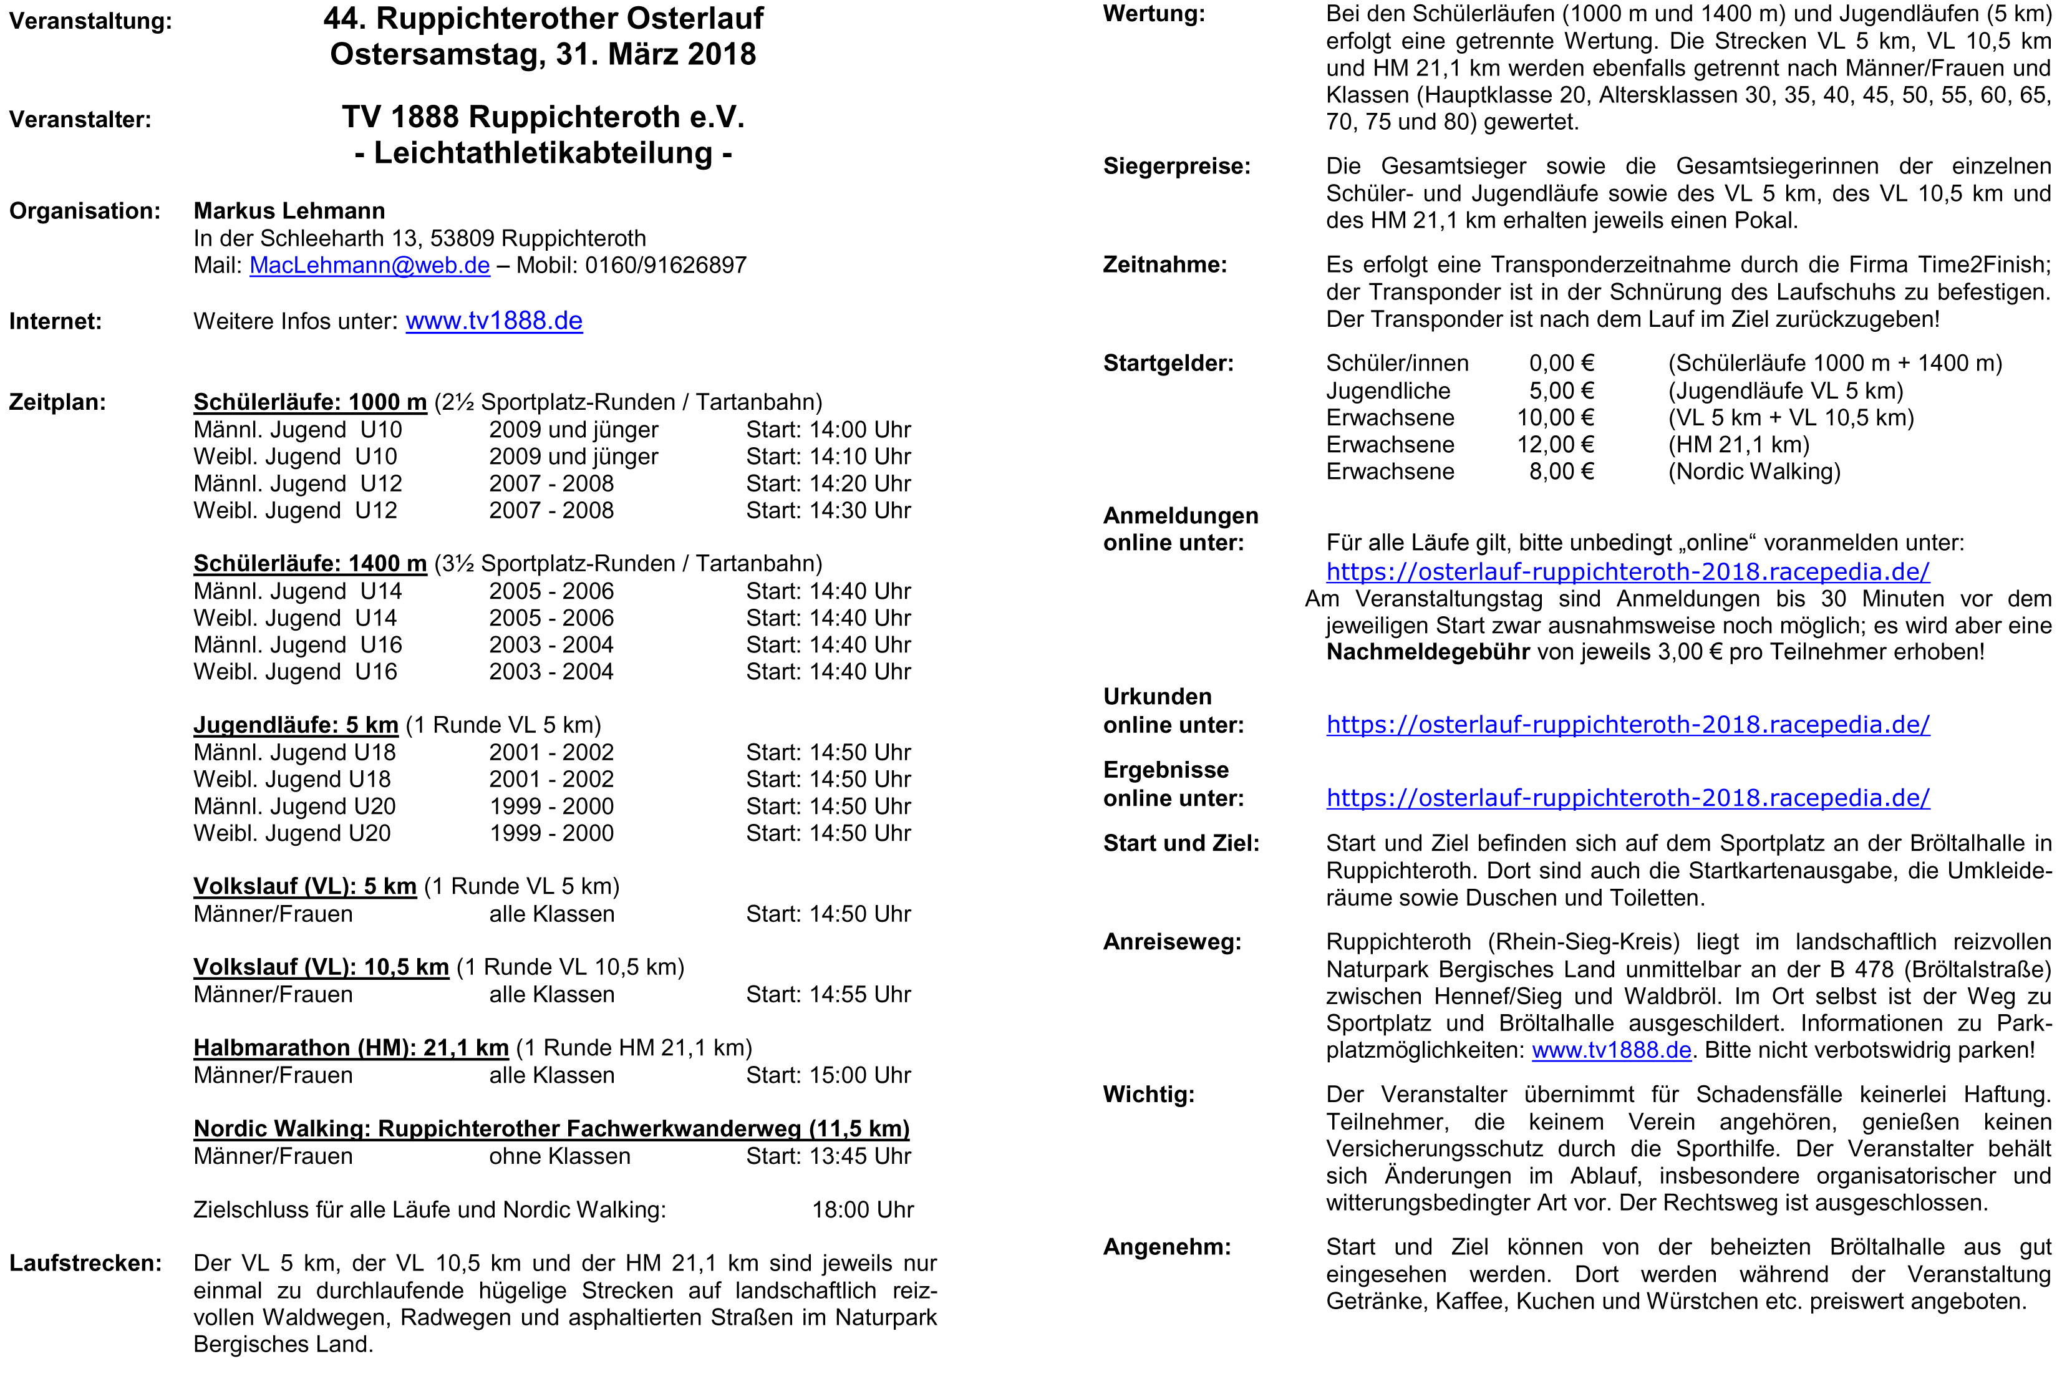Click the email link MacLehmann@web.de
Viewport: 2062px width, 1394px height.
[x=369, y=265]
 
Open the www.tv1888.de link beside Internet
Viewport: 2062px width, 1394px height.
[x=494, y=321]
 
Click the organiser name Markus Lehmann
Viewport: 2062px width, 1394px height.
[x=289, y=211]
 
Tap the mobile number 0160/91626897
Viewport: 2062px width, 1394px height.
[x=666, y=265]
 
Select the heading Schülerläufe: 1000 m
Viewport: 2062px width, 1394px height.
[x=309, y=402]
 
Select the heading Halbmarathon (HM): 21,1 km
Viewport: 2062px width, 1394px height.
[x=351, y=1048]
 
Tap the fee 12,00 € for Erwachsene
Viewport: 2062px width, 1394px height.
[x=1554, y=445]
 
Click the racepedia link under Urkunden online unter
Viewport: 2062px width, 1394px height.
[x=1627, y=725]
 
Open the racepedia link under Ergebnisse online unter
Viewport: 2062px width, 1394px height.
[x=1627, y=798]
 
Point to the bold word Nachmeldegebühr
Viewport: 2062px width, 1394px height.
[x=1426, y=652]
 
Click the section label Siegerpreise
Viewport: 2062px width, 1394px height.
[x=1176, y=167]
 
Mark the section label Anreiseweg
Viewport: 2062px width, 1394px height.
[x=1171, y=942]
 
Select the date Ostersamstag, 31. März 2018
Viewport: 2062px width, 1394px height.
[x=543, y=55]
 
